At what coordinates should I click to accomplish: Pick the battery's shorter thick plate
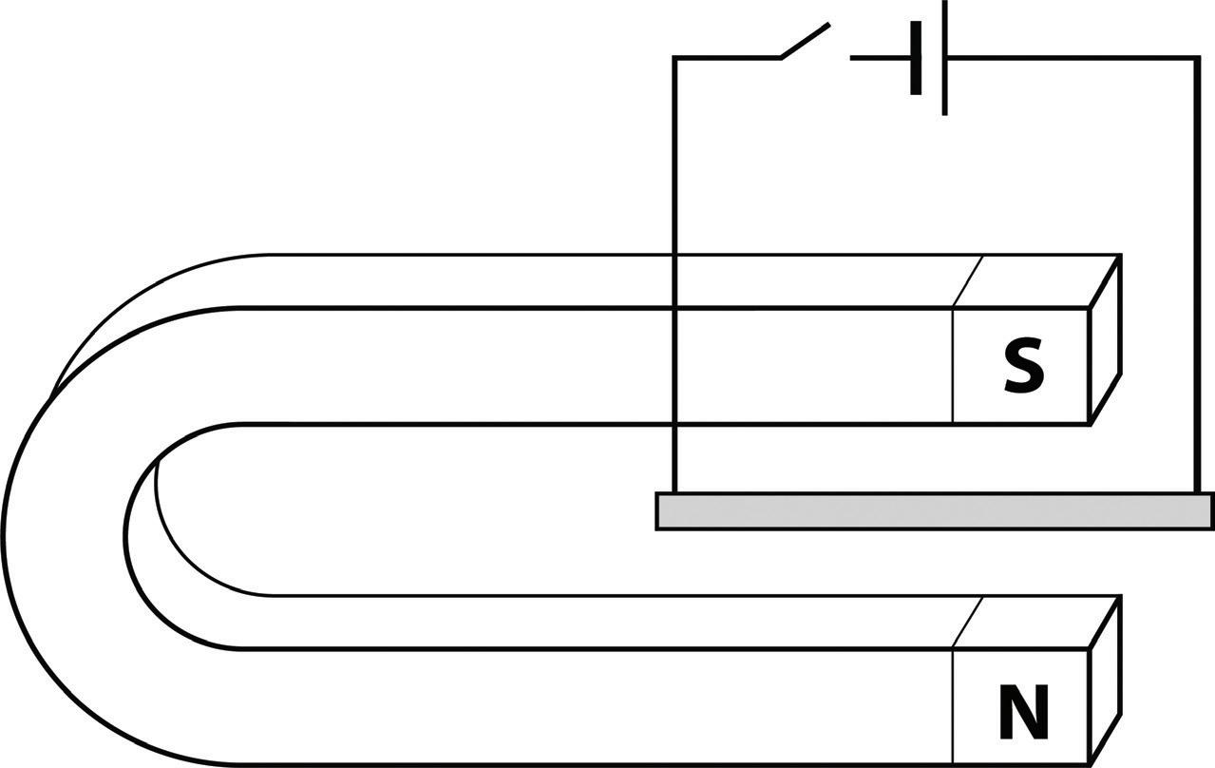pos(916,59)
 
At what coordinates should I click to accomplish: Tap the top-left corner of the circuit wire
pos(674,58)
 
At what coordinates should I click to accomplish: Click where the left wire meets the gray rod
pos(674,493)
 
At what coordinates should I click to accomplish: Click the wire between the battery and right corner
pos(1073,58)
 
